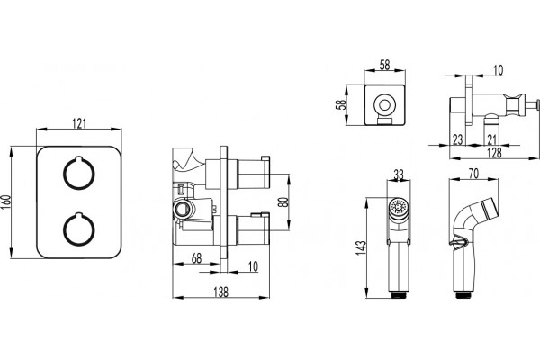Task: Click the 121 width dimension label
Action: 79,123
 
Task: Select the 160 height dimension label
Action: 6,202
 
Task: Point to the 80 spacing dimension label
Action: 284,202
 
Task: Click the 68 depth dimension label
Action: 196,258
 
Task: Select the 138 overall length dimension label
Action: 220,292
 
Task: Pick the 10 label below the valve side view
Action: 253,266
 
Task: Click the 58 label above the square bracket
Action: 384,65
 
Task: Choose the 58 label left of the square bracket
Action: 340,104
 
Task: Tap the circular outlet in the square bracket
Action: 384,104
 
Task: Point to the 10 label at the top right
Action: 498,70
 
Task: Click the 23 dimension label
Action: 458,139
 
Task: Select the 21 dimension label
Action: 492,139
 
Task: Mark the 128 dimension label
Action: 494,153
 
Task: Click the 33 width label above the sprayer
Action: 399,175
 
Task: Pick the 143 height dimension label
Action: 361,247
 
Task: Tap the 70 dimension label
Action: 474,174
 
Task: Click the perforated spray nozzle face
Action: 399,207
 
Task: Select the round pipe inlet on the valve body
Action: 182,209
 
